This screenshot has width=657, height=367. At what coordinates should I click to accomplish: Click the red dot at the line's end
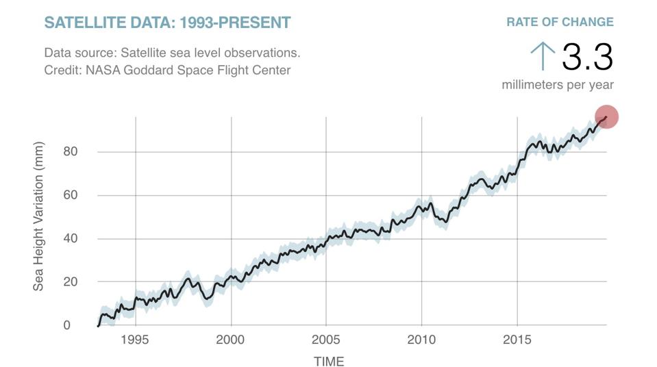click(x=606, y=116)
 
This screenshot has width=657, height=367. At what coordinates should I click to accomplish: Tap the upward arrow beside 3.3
click(x=543, y=55)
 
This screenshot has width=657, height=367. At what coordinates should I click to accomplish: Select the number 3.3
click(x=587, y=57)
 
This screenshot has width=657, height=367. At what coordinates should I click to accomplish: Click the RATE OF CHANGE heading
click(x=560, y=22)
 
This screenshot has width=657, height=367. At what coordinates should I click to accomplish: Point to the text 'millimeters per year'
click(x=558, y=85)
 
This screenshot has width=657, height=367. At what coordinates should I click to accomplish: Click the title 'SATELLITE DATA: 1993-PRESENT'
click(x=167, y=23)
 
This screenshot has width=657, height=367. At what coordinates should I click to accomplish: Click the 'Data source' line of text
click(x=172, y=53)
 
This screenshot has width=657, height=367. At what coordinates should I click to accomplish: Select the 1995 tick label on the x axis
click(x=135, y=340)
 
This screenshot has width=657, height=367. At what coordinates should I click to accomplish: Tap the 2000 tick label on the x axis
click(x=231, y=340)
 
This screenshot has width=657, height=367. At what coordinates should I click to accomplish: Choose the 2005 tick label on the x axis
click(x=326, y=340)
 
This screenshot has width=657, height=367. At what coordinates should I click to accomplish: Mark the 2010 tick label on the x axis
click(x=421, y=340)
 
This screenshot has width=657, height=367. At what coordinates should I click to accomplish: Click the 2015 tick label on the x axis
click(x=517, y=340)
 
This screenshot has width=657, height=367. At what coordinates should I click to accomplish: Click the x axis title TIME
click(x=329, y=361)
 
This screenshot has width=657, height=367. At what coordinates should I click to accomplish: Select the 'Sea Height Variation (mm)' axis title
click(x=38, y=217)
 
